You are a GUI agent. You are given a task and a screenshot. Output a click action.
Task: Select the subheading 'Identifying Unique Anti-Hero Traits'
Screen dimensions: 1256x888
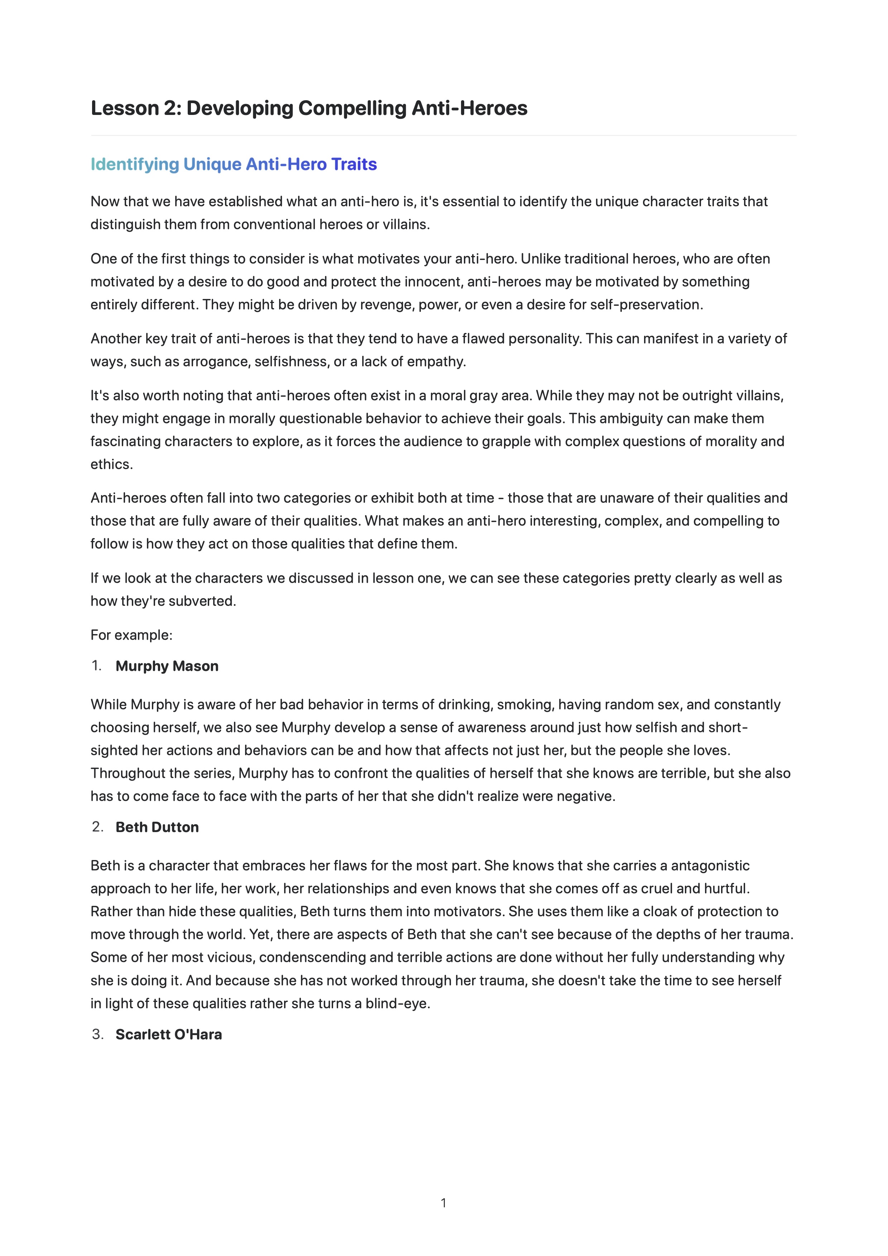[x=234, y=164]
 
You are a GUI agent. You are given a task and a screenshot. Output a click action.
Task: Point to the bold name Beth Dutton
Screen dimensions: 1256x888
[x=157, y=827]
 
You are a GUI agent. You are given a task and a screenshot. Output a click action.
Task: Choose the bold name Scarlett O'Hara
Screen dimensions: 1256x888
[x=168, y=1034]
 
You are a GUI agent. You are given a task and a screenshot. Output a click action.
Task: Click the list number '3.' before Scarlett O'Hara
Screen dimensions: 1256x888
[x=97, y=1034]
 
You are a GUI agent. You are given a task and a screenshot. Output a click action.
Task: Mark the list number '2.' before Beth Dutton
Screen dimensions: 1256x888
[x=97, y=827]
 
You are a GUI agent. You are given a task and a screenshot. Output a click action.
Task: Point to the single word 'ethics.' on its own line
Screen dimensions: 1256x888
[x=112, y=464]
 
